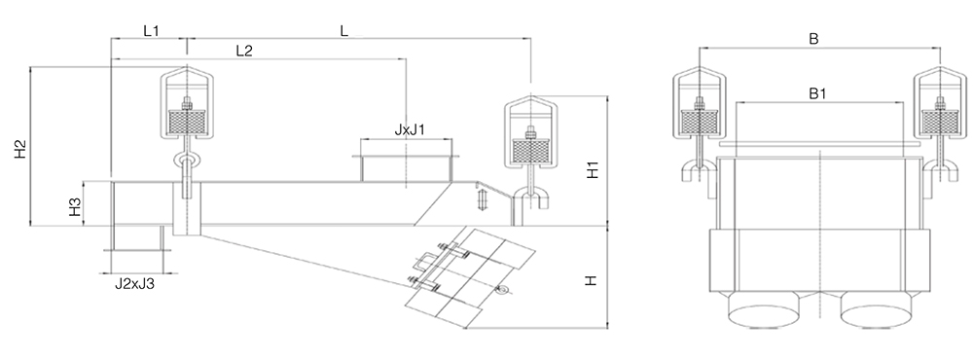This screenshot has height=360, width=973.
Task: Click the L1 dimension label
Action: pos(152,30)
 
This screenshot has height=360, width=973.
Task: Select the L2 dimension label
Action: pos(244,51)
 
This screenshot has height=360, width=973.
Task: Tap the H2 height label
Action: pos(21,149)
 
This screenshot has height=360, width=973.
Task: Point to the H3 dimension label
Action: pos(75,206)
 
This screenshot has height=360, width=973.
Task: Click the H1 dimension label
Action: pos(593,169)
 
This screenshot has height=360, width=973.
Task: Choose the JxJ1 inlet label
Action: pos(411,130)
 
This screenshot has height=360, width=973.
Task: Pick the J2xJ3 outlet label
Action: pos(134,284)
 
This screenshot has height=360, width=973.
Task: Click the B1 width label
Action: pos(818,93)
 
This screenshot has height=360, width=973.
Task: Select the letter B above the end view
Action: pos(813,39)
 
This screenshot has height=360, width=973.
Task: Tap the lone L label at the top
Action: pos(344,30)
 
